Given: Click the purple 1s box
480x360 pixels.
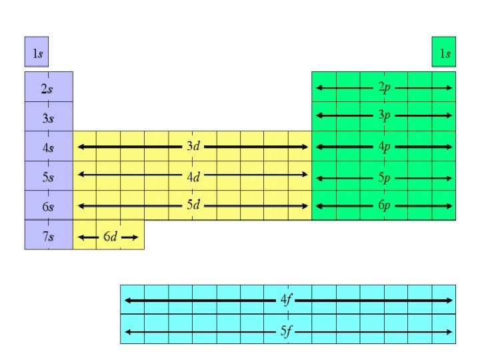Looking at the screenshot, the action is (36, 52).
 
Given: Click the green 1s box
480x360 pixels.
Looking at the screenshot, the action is (444, 52).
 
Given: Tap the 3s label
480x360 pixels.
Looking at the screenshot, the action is (47, 119).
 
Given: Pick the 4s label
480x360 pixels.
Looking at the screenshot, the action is (47, 148).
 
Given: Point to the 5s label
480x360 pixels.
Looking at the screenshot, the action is (47, 177).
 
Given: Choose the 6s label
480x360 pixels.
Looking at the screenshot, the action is (47, 207).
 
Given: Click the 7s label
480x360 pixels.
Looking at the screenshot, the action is (47, 236).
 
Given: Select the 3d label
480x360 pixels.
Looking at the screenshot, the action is (192, 146).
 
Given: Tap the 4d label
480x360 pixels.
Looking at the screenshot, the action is (192, 176).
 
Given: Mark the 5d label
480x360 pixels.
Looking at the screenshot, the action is (192, 205).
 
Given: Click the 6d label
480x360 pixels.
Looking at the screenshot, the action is (109, 237).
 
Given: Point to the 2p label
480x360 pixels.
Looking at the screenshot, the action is (385, 87).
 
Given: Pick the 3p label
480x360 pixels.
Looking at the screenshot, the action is (385, 115).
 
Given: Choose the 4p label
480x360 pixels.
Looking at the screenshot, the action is (385, 146).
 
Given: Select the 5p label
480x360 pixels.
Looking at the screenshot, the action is (385, 177).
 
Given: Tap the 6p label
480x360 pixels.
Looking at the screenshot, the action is (385, 205).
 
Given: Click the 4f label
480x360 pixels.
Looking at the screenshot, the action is (286, 300).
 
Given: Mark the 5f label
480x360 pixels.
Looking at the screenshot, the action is (286, 331).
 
